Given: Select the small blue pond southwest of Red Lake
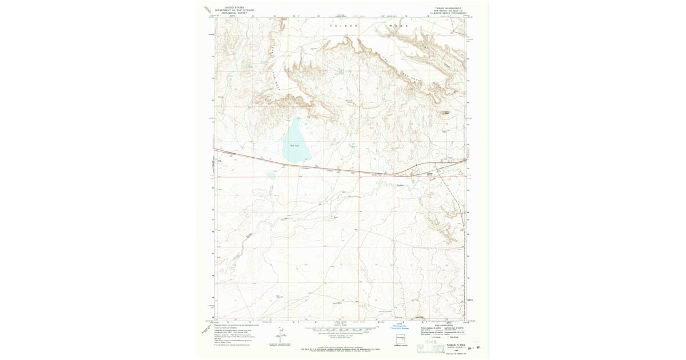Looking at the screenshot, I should [271, 176].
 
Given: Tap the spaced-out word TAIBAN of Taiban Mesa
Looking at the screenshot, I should [346, 26].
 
